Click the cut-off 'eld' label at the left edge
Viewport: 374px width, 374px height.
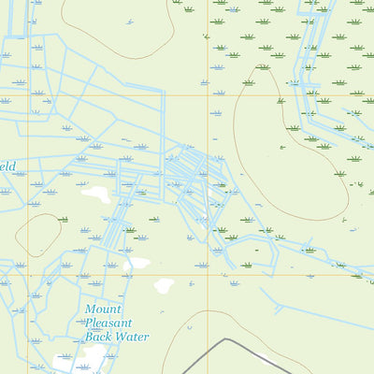7,165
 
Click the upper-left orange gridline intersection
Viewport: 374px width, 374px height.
28,95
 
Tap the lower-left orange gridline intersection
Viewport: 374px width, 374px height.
28,275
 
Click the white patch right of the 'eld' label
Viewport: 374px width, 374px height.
95,194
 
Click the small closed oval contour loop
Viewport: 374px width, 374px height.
37,235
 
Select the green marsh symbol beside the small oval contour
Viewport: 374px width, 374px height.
63,219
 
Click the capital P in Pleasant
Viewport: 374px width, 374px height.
90,323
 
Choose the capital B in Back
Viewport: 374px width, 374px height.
90,337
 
